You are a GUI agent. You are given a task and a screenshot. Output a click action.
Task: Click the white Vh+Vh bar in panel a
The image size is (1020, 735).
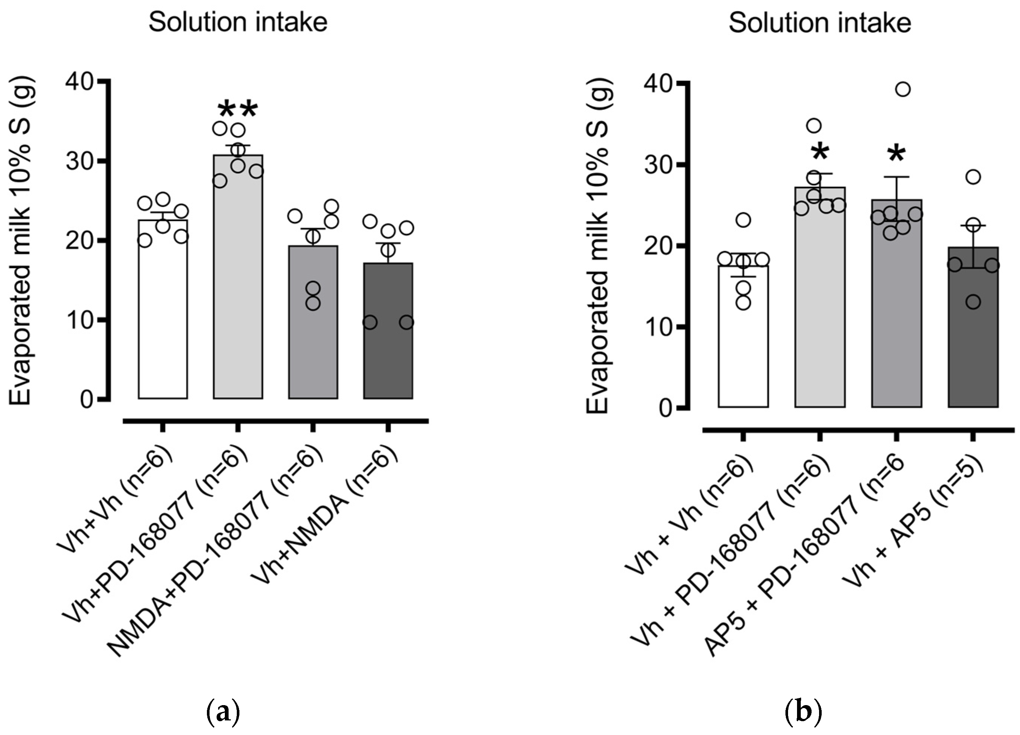pos(163,315)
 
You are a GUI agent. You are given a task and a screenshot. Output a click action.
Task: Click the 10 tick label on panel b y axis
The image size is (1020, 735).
pos(657,327)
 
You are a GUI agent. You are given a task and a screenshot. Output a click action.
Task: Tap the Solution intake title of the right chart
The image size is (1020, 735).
pos(820,22)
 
